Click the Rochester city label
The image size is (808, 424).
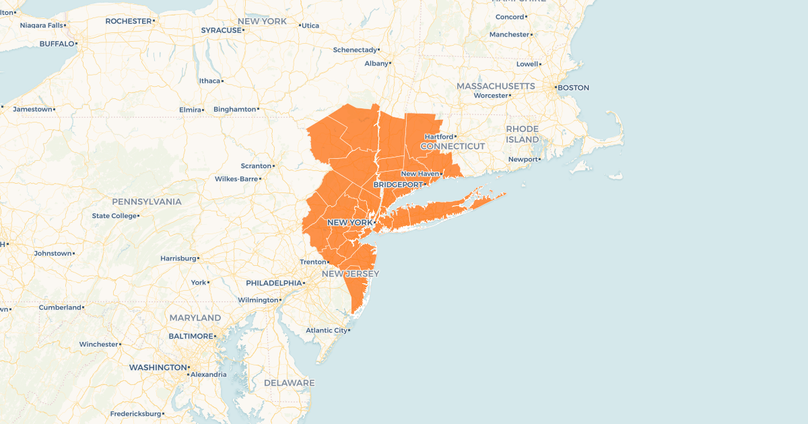(x=129, y=21)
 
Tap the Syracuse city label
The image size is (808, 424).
(x=221, y=30)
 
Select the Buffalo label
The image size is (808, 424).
(x=57, y=44)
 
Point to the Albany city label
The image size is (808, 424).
(x=376, y=63)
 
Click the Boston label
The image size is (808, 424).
(x=573, y=87)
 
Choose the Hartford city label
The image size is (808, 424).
(x=438, y=137)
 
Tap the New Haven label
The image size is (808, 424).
(x=419, y=174)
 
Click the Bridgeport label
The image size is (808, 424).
(x=397, y=184)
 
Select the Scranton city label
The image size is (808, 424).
(x=256, y=166)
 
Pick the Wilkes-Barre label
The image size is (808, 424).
(x=236, y=179)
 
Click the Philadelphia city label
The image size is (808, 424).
(x=273, y=283)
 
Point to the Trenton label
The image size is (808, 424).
(x=312, y=262)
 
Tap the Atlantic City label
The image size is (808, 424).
(x=326, y=330)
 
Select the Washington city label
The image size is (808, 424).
(x=158, y=367)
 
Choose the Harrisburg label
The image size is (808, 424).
(x=178, y=258)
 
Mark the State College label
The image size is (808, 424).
(x=114, y=216)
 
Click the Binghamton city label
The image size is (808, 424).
(x=235, y=109)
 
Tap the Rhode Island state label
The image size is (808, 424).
(x=523, y=134)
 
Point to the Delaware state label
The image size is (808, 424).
(x=289, y=383)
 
